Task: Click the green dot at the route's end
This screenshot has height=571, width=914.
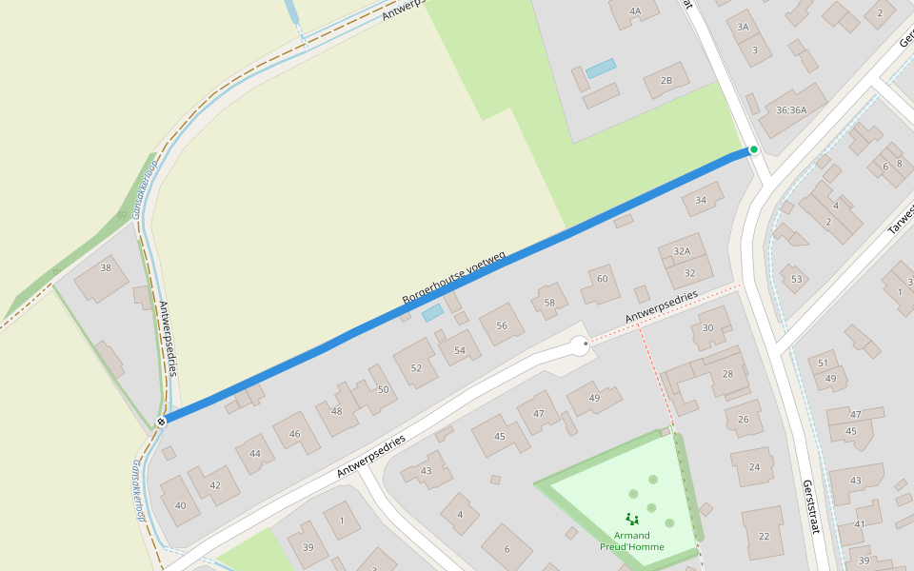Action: pos(753,149)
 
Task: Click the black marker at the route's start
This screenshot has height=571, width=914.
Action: pos(161,421)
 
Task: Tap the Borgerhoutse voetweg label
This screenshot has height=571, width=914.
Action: pos(453,279)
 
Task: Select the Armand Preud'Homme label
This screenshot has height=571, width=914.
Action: pos(631,541)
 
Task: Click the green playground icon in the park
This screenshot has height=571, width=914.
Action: pos(631,519)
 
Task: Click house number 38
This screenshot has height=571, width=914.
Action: pos(106,268)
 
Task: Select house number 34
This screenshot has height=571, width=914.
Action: pos(702,200)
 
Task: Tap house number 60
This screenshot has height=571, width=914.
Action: pos(602,279)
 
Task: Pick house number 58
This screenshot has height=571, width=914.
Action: pos(549,303)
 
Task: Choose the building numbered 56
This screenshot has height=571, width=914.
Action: pos(502,325)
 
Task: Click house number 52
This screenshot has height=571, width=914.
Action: pos(416,368)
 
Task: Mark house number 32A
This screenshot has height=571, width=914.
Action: pos(682,251)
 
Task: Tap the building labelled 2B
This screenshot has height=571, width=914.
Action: pos(666,81)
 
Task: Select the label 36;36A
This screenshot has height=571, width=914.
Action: pos(791,109)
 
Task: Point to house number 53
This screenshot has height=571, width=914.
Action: pos(797,279)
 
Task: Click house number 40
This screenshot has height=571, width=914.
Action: pos(181,505)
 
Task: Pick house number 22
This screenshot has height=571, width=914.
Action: pos(764,537)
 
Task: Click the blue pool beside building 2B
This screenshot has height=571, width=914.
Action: pos(601,69)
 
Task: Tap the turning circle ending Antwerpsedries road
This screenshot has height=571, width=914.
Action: pos(578,346)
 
